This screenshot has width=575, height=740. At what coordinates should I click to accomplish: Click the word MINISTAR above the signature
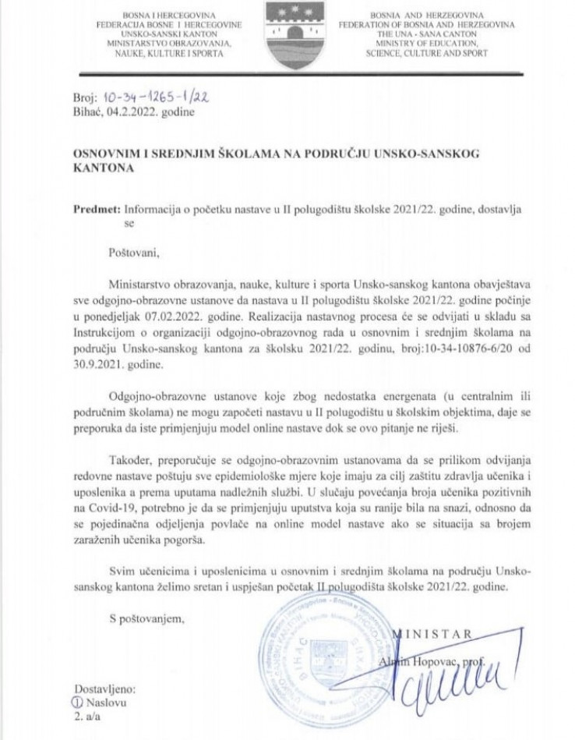438,634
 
